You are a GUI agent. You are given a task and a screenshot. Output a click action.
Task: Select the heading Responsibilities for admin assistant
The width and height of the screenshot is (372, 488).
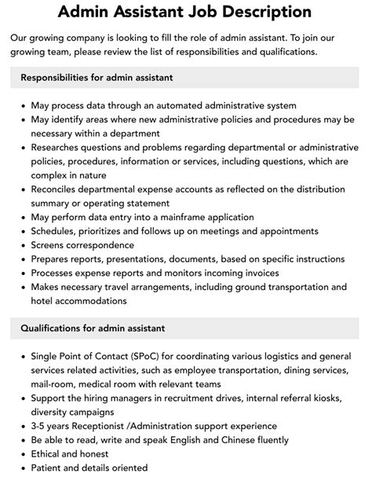97,78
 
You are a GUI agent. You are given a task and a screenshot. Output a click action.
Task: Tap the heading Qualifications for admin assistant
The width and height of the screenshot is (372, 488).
93,328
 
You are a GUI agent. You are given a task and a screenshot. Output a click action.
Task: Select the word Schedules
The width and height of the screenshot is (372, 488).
57,231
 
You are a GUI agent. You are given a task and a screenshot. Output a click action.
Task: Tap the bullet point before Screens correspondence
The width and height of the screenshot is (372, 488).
21,245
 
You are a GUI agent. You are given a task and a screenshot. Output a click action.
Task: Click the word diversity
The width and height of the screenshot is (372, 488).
52,411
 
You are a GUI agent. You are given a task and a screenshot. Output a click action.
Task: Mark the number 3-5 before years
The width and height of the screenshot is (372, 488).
40,426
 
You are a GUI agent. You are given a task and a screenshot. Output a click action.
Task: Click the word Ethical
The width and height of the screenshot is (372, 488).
49,453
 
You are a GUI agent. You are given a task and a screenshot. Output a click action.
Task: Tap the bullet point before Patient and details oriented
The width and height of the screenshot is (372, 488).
21,468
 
